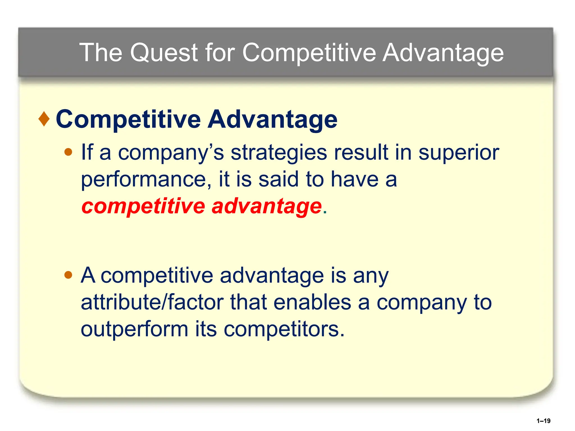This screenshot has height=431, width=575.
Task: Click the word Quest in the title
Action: click(164, 53)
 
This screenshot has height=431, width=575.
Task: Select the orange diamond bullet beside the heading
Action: click(44, 119)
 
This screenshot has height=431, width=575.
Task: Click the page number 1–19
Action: click(543, 421)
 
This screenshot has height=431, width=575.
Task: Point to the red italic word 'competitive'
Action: click(143, 207)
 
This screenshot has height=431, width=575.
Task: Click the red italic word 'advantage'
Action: click(266, 207)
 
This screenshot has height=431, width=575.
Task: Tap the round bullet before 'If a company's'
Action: click(68, 152)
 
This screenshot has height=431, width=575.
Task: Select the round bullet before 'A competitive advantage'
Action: click(68, 275)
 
